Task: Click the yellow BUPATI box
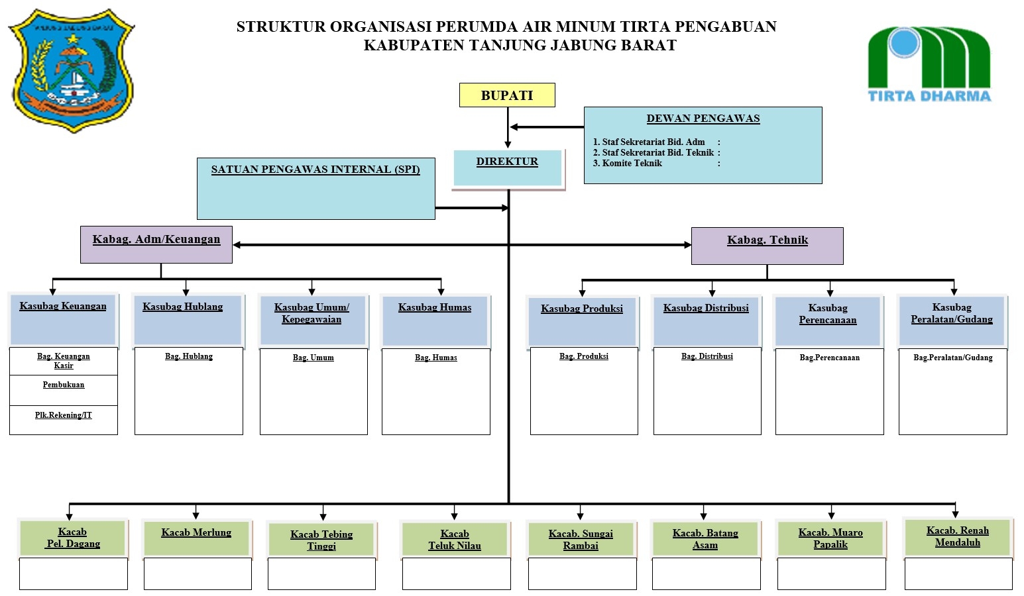click(x=507, y=95)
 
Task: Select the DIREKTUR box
click(x=508, y=168)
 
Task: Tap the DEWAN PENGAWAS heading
click(x=703, y=119)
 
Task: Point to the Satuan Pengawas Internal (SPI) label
click(x=315, y=170)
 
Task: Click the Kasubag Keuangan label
click(x=63, y=307)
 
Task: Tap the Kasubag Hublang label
click(x=183, y=307)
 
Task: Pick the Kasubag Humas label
click(x=435, y=308)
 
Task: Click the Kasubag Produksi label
click(x=582, y=309)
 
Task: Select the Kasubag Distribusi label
click(x=706, y=309)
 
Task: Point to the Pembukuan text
click(x=64, y=385)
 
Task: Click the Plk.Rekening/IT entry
click(x=64, y=416)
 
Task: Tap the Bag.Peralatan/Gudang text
click(x=952, y=358)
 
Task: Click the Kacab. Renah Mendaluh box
click(x=957, y=536)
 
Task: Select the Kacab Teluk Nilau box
click(x=455, y=540)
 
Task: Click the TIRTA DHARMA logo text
click(x=929, y=96)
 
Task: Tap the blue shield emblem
click(x=72, y=70)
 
